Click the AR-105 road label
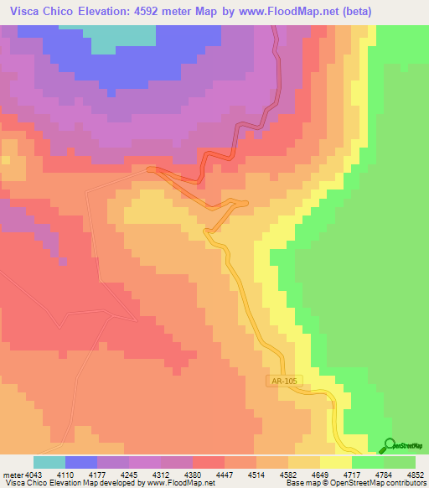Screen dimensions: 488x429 tap(283, 381)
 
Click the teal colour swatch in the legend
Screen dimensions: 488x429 tap(49, 462)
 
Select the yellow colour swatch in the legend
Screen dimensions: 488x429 tap(335, 462)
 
